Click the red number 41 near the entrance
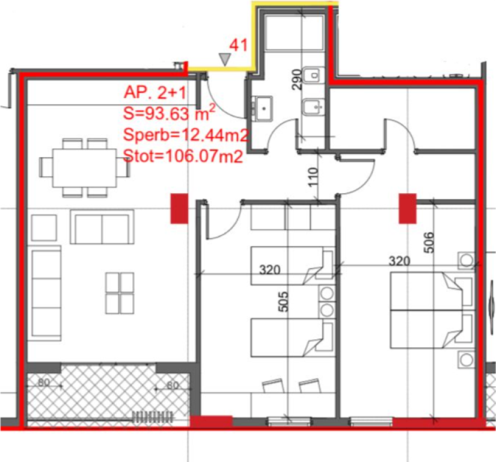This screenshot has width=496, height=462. (239, 46)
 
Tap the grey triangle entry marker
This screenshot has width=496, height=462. (224, 59)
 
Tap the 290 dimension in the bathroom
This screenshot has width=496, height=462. (296, 79)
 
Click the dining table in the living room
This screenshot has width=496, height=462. (84, 167)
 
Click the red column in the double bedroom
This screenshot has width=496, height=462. (408, 209)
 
